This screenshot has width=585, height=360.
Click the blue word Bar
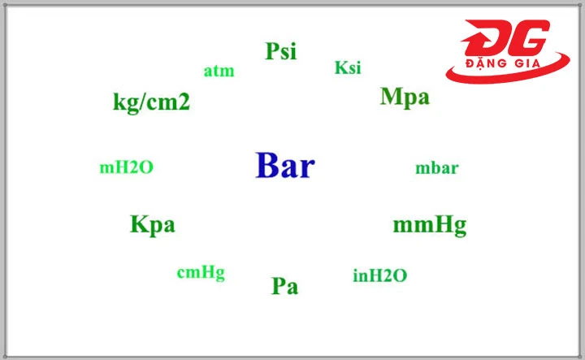pos(285,166)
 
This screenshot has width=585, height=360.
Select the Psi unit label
pos(280,52)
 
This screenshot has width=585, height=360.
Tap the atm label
pos(219,72)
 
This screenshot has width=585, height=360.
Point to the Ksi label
pos(348,68)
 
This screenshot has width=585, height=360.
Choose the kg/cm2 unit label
pos(151,103)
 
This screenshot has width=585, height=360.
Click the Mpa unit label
pos(405,98)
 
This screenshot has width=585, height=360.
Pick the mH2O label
pos(126,168)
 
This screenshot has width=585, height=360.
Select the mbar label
pos(437,169)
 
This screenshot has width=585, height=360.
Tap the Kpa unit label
pos(152,224)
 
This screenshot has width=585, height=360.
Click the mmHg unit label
pos(430,225)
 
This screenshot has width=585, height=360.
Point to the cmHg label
pos(201,273)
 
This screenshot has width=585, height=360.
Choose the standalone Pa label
pos(284,286)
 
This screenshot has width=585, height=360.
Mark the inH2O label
pos(379,276)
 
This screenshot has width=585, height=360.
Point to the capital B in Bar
pos(266,166)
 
